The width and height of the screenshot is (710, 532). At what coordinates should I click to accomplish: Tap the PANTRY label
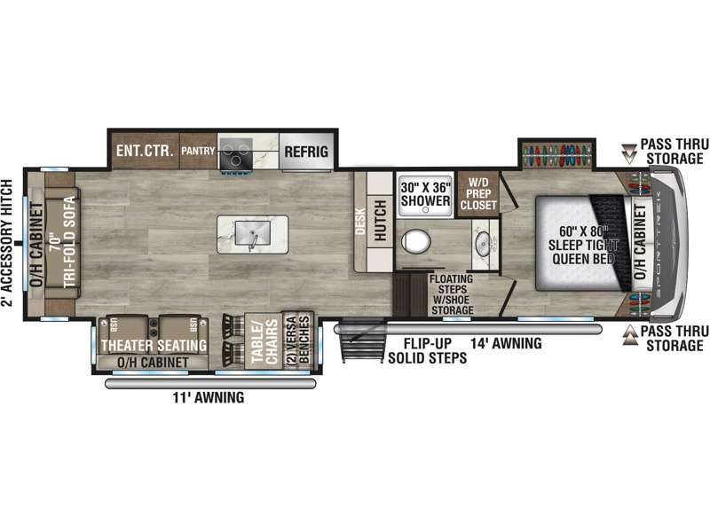[198, 152]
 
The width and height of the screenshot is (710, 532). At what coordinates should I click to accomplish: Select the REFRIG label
[306, 152]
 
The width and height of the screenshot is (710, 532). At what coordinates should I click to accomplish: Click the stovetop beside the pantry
[235, 152]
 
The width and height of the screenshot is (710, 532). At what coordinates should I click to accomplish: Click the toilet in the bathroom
[414, 242]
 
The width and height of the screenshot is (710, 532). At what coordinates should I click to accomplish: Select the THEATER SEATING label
[154, 345]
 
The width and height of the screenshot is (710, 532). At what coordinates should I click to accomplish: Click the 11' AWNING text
[209, 398]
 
